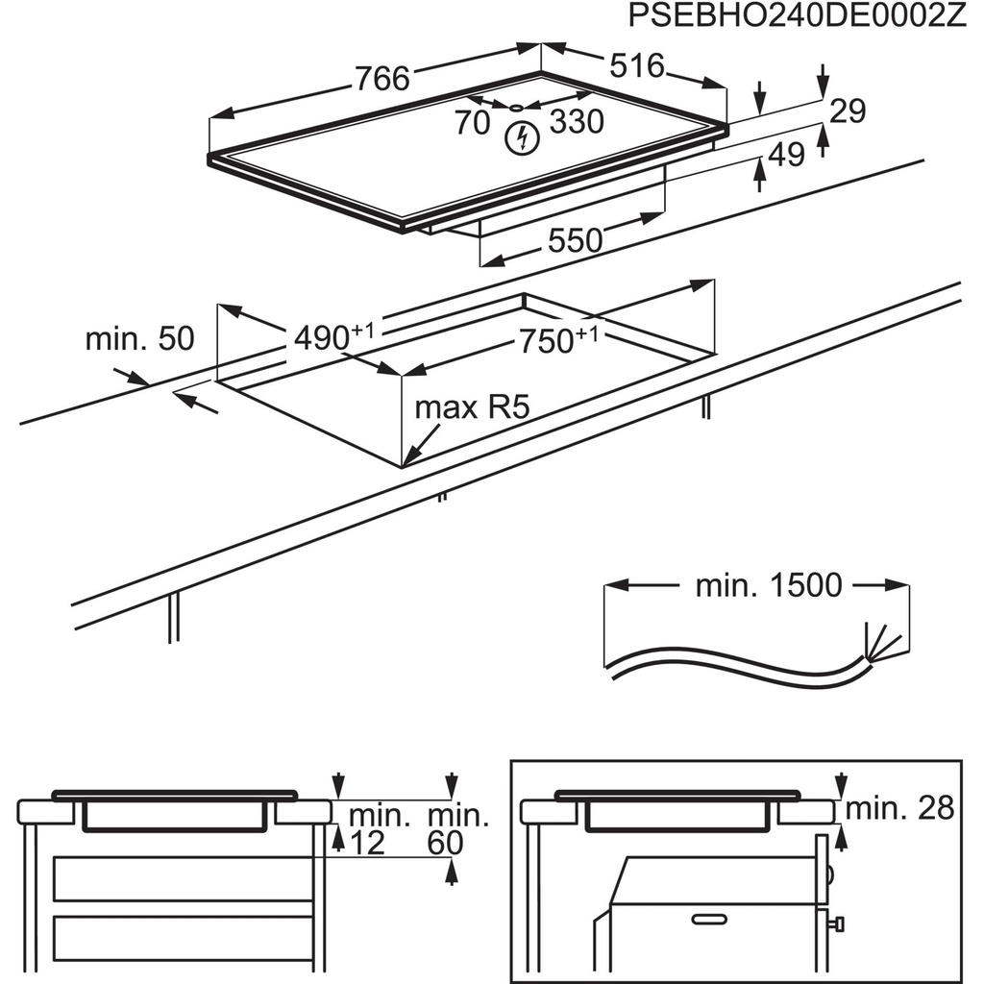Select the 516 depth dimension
(x=637, y=65)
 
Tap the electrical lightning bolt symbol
(x=520, y=138)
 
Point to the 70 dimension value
(x=472, y=123)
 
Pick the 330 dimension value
(x=577, y=122)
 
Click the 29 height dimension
(x=848, y=111)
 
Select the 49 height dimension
(x=786, y=155)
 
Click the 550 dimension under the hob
(x=575, y=240)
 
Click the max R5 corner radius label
(x=472, y=407)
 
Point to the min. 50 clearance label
(x=139, y=338)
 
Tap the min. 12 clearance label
(x=378, y=829)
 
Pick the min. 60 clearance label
(x=457, y=829)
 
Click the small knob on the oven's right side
(x=838, y=923)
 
